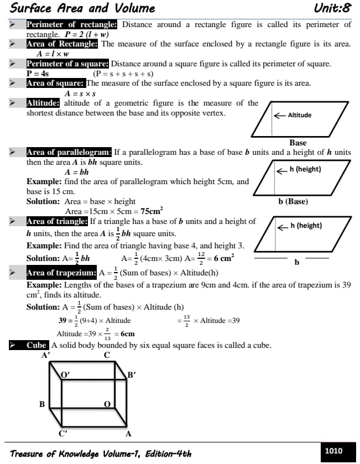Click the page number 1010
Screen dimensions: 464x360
333,451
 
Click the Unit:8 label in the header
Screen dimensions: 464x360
332,8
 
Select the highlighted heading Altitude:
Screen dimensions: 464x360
43,103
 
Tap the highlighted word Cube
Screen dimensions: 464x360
36,345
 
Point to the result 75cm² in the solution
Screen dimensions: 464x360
151,211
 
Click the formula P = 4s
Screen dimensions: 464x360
38,74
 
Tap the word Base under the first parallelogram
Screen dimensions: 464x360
298,143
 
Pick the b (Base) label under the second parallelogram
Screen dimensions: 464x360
293,201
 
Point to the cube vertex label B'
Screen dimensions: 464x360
132,375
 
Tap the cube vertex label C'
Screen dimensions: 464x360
63,434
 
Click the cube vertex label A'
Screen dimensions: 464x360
46,355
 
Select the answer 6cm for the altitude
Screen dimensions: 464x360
127,334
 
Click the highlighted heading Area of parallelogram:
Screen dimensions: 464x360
69,152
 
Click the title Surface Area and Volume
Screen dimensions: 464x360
82,8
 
